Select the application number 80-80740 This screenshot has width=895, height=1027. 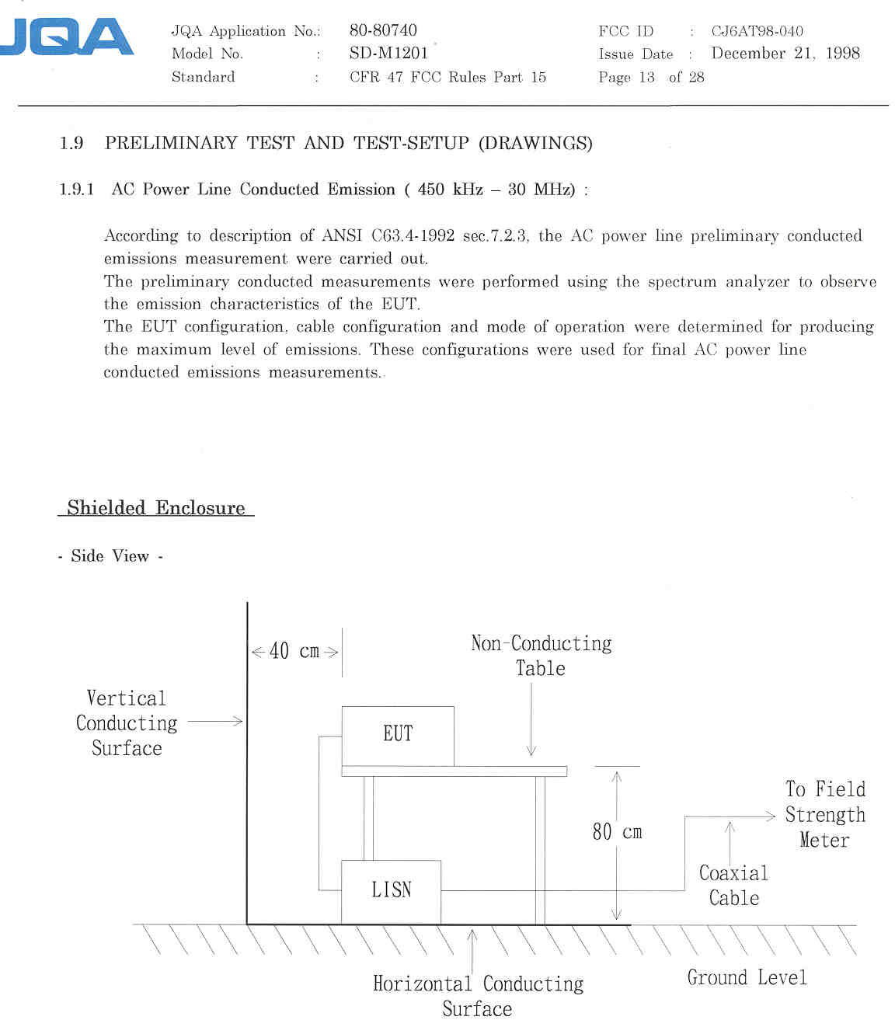coord(383,30)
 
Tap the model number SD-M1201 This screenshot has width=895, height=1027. coord(388,53)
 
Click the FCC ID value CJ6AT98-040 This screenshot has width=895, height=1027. coord(757,31)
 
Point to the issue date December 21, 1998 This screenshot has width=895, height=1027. coord(785,54)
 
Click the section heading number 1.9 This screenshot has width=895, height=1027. coord(71,143)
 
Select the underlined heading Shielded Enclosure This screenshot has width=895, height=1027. coord(155,508)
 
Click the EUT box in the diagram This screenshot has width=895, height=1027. coord(398,734)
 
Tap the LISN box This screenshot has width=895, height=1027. coord(391,890)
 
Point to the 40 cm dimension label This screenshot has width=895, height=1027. coord(294,651)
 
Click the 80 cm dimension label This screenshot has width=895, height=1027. coord(617,832)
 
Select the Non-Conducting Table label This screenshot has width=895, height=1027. coord(541,655)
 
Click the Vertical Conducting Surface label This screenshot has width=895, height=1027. coord(127,722)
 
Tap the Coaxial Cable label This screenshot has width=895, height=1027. coord(733,885)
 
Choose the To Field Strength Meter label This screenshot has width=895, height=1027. coord(824,814)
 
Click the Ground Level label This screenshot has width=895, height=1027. coord(747,977)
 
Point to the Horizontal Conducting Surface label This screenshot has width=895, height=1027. coord(478,995)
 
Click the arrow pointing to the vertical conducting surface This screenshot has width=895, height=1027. coord(215,722)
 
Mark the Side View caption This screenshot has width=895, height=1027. coord(110,556)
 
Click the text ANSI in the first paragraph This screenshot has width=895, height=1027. coord(343,235)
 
